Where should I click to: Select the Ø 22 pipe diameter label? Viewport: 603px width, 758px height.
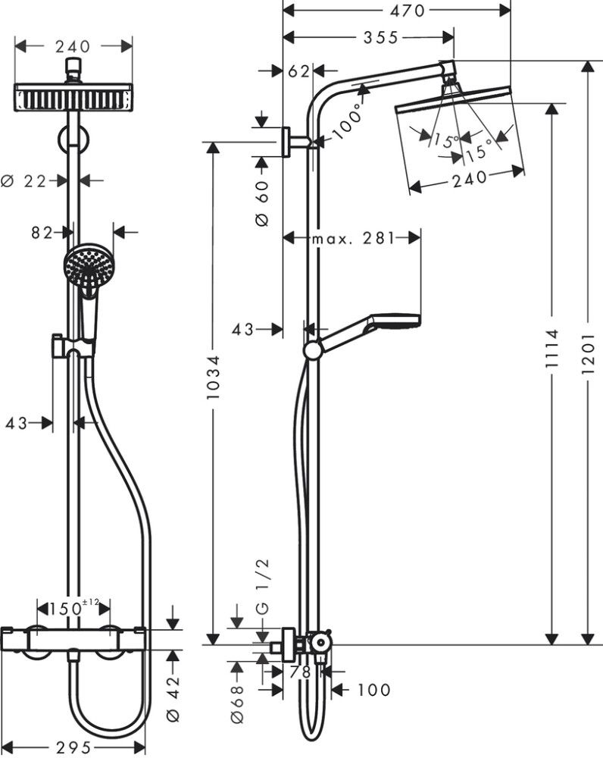(29, 180)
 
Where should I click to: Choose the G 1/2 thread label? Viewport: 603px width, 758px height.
(263, 584)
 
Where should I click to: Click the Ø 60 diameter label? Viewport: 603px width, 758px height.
(261, 201)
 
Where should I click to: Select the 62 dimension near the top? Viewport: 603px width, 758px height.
(299, 71)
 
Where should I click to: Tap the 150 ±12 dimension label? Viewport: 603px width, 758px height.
(75, 608)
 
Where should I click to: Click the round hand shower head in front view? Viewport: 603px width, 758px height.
(85, 265)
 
